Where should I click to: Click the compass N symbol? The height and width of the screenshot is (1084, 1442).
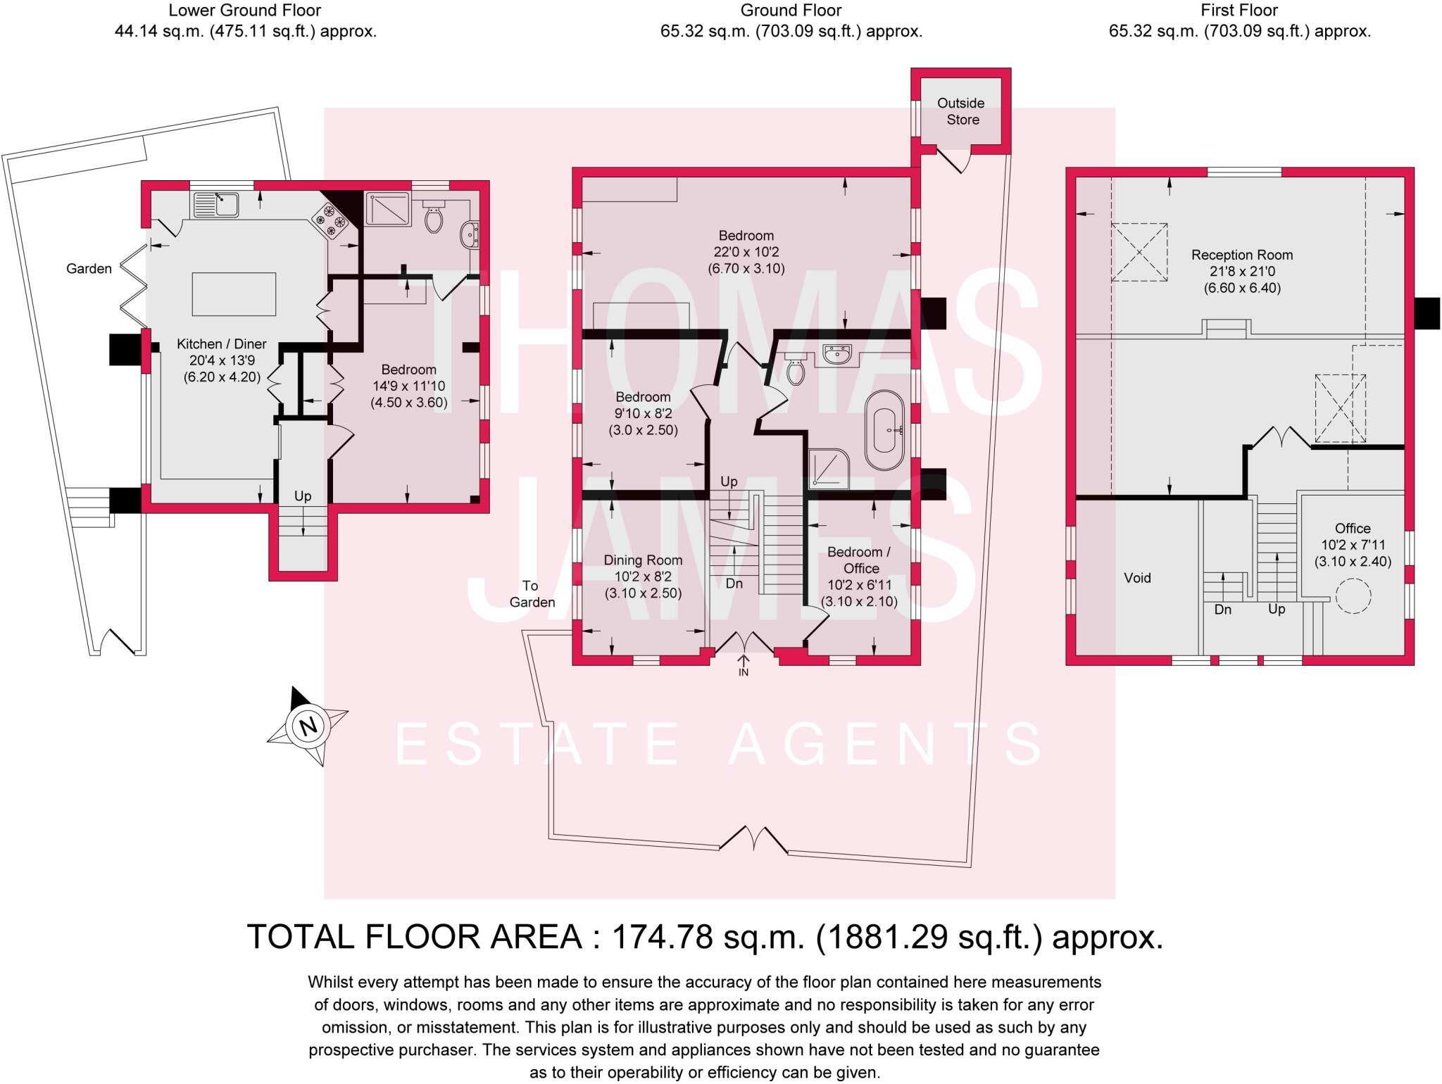coord(308,726)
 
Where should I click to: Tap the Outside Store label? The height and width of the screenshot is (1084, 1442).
coord(961,111)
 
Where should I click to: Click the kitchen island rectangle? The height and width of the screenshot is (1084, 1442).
coord(234,294)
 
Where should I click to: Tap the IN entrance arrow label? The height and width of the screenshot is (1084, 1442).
coord(744,672)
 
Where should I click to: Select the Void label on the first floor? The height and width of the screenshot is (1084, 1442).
coord(1137,578)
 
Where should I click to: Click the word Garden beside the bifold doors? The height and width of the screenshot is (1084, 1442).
coord(89,268)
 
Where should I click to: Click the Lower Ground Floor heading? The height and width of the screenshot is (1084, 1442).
coord(245,11)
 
